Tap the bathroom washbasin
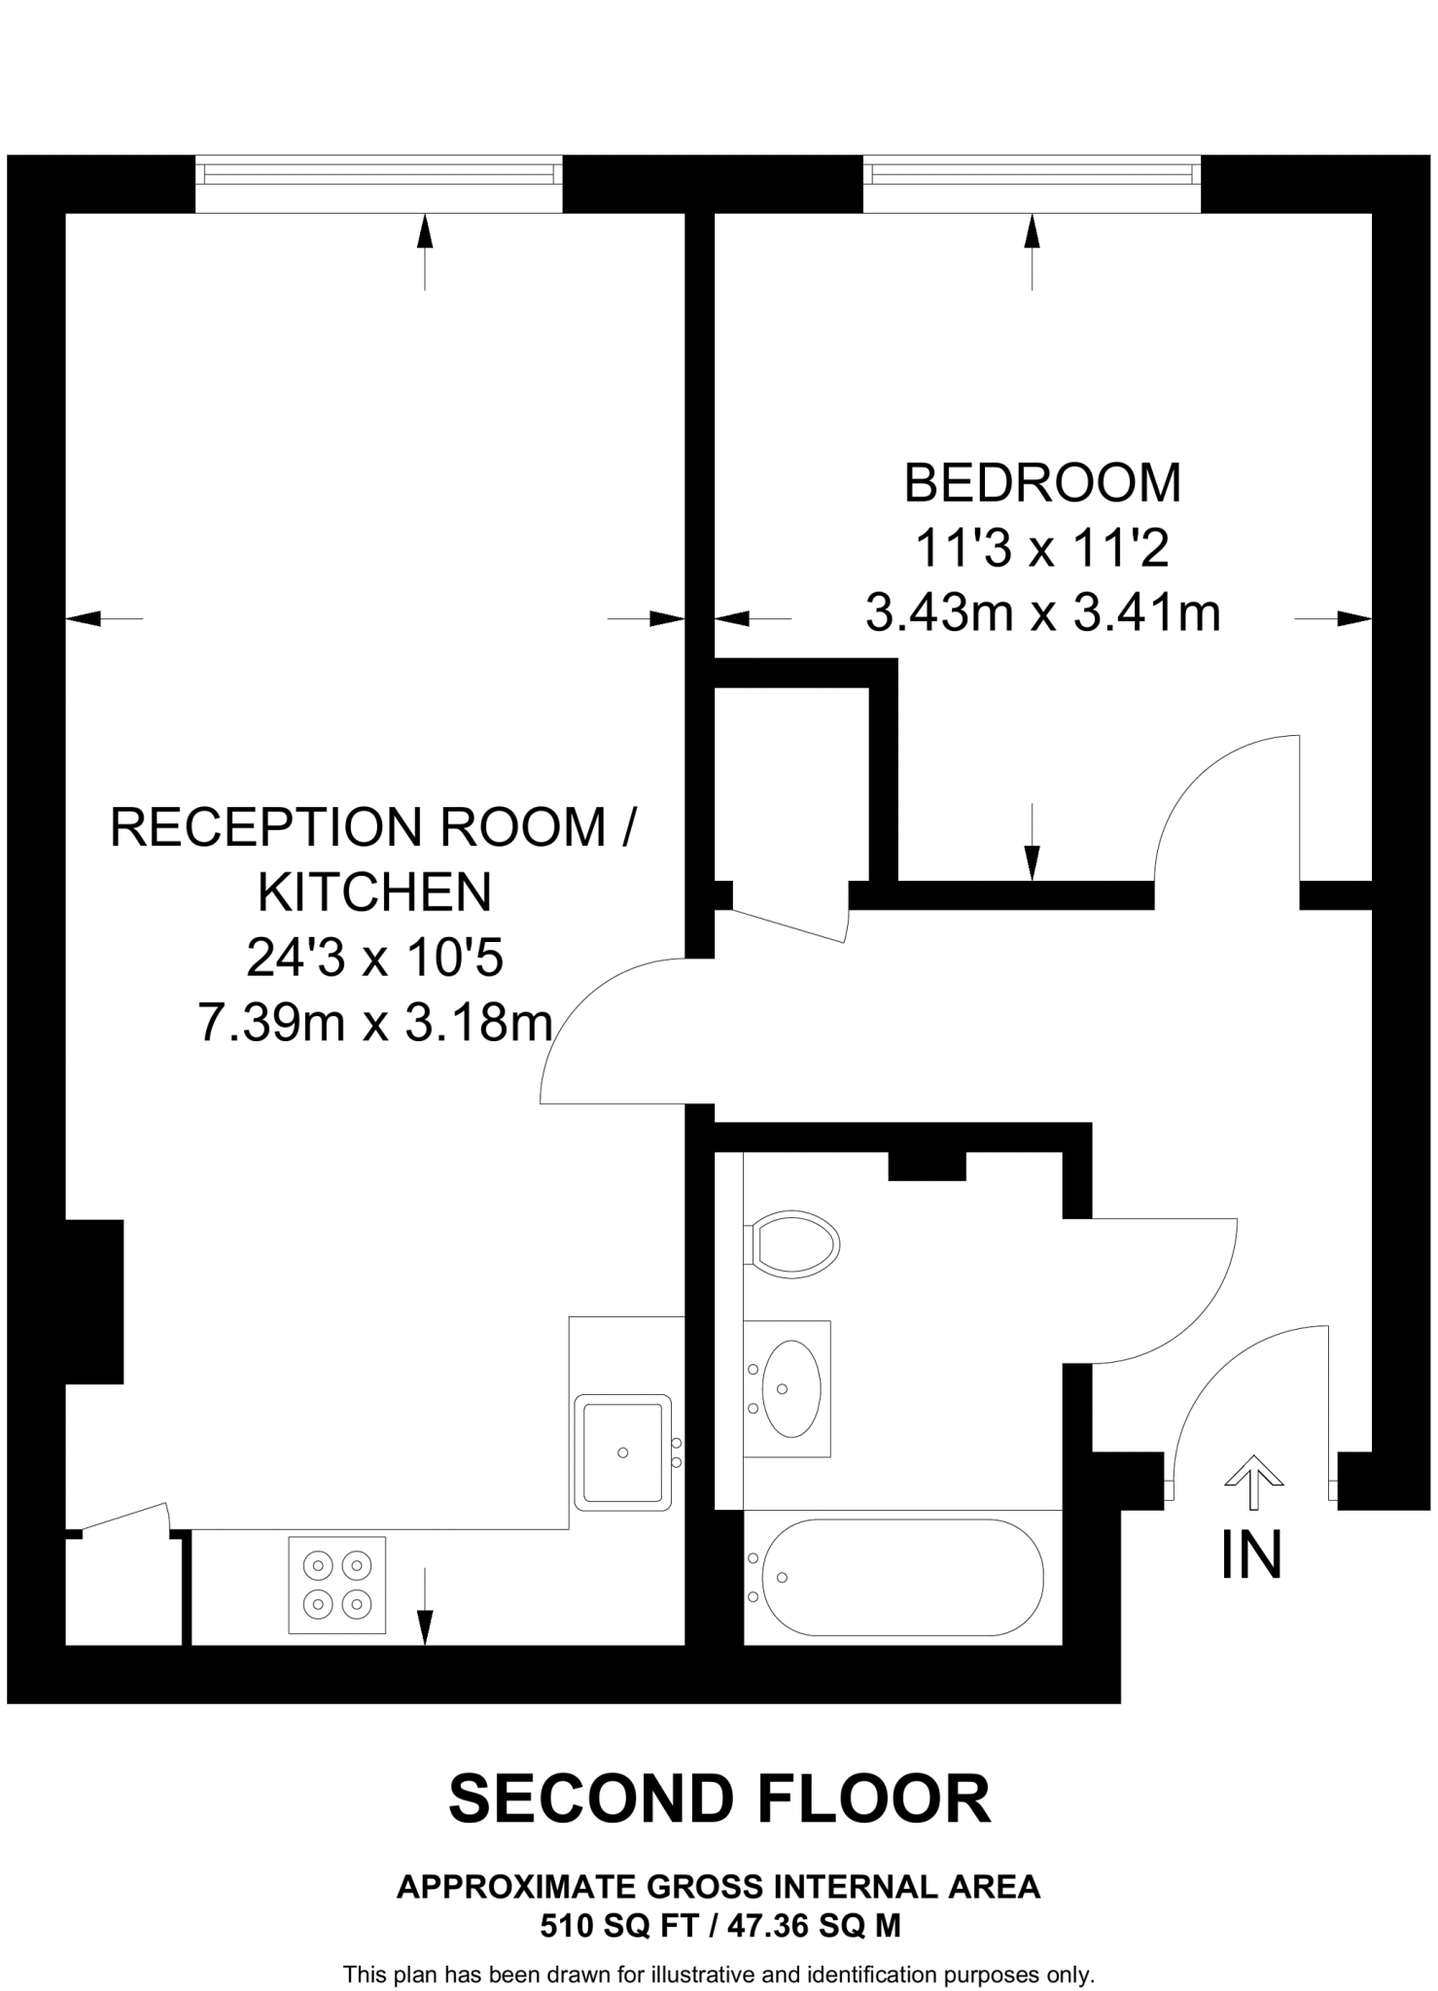tap(789, 1387)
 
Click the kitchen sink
tap(623, 1451)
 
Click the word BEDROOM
tap(1042, 483)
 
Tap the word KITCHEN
tap(374, 891)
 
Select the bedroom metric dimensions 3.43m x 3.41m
tap(1042, 613)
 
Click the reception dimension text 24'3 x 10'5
tap(374, 958)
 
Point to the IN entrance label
tap(1251, 1554)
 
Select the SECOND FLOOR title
tap(719, 1799)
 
